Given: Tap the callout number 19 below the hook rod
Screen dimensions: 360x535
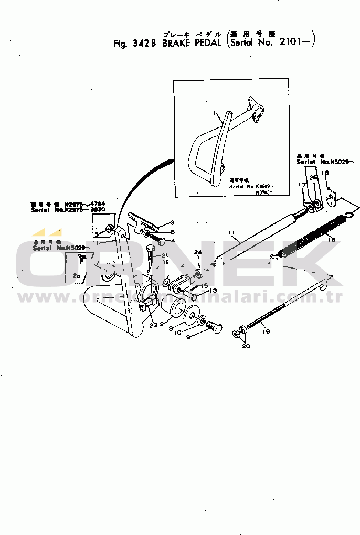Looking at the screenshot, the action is coord(266,332).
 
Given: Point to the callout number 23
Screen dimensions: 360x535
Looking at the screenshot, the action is coord(153,325).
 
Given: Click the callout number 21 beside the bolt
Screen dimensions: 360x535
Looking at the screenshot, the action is coord(165,255).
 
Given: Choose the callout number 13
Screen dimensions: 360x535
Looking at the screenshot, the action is coord(214,291).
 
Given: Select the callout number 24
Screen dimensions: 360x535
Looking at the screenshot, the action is coord(198,253).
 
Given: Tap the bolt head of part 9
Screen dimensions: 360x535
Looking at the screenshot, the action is coord(216,329).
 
